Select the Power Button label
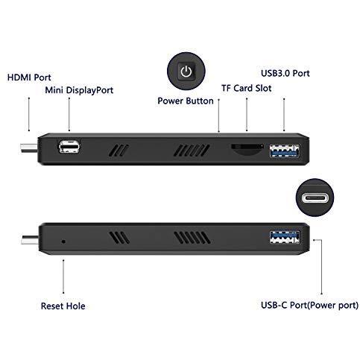pyautogui.click(x=185, y=101)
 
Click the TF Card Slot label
pyautogui.click(x=247, y=88)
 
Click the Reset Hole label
pyautogui.click(x=64, y=306)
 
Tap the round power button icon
pyautogui.click(x=186, y=72)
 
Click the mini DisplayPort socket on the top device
pyautogui.click(x=69, y=145)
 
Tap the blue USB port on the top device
pyautogui.click(x=285, y=149)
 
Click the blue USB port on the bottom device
pyautogui.click(x=285, y=238)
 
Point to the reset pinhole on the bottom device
pyautogui.click(x=62, y=241)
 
